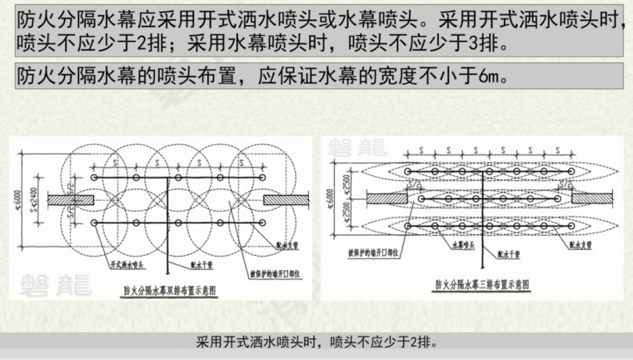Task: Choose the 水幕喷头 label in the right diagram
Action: pyautogui.click(x=462, y=247)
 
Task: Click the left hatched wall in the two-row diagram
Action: pyautogui.click(x=65, y=201)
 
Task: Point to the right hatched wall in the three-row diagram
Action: pyautogui.click(x=593, y=200)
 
